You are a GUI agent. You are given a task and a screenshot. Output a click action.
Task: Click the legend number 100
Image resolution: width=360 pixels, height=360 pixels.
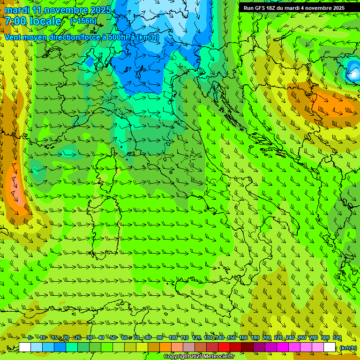point(173,338)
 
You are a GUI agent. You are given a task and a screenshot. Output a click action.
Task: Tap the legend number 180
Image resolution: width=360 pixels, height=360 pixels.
point(255,338)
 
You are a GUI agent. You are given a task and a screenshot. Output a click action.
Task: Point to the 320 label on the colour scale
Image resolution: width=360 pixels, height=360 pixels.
point(337,338)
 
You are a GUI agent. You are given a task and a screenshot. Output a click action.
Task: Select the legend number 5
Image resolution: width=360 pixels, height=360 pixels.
point(30,338)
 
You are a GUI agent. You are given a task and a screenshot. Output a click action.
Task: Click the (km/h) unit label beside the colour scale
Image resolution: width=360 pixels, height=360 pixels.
point(348,348)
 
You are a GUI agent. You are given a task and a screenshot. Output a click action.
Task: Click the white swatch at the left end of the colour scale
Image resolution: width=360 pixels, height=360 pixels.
point(25,347)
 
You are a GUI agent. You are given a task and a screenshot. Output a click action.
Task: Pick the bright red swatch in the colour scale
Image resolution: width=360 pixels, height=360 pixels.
point(224,347)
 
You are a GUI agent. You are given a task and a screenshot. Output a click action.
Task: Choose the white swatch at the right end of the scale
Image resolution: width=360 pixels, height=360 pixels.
point(330,347)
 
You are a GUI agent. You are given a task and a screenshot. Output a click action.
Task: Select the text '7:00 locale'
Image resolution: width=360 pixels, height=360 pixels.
point(33,21)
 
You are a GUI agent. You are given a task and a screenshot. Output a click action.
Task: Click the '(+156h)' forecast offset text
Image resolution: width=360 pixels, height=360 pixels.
point(83,21)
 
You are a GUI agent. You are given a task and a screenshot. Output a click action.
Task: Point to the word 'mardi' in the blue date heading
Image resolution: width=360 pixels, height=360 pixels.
point(18,10)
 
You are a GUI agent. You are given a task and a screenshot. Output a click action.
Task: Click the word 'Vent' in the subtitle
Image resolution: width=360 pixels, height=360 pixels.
point(13,37)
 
